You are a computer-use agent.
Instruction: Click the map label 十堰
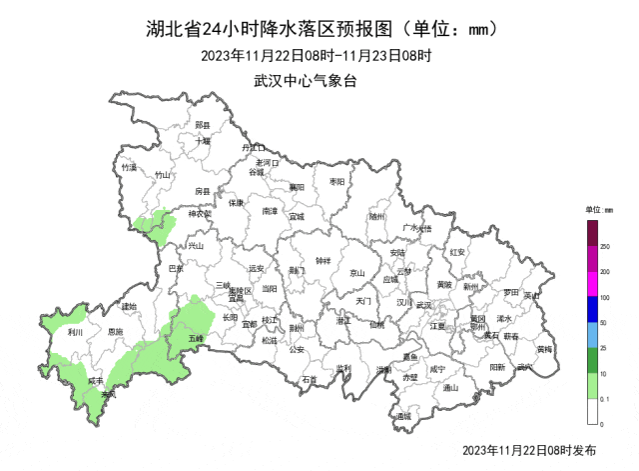[x=203, y=141]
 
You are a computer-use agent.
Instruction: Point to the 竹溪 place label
[x=128, y=168]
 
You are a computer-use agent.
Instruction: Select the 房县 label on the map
[x=203, y=190]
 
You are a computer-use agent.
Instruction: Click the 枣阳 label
[x=335, y=181]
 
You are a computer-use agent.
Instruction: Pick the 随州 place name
[x=376, y=214]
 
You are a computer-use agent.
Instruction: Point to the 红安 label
[x=458, y=252]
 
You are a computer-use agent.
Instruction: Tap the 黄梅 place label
[x=543, y=349]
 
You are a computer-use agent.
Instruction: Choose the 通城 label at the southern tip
[x=402, y=415]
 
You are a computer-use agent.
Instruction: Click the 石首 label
[x=309, y=380]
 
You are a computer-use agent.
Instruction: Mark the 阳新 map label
[x=496, y=367]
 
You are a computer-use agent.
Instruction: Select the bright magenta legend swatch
[x=591, y=283]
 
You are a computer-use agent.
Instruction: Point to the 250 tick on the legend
[x=604, y=245]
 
